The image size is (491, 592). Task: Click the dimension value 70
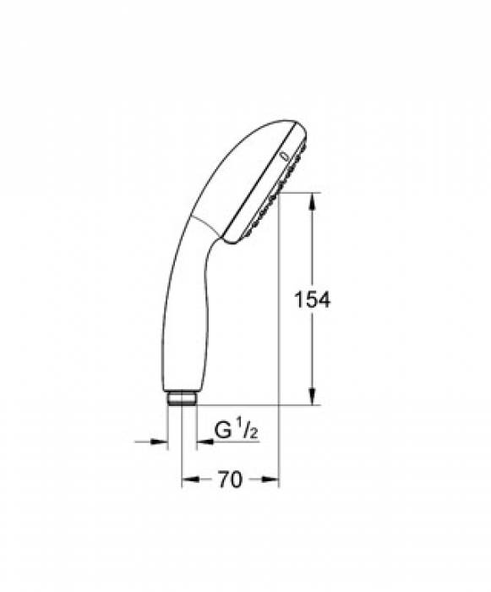(x=230, y=480)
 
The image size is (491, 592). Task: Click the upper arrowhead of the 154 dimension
(x=314, y=200)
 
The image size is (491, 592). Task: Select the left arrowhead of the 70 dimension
(x=188, y=479)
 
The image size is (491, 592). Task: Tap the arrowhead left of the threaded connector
(x=160, y=441)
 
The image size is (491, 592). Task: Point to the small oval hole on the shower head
(x=281, y=156)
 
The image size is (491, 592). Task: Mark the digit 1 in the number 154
(x=297, y=299)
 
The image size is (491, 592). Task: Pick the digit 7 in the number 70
(x=223, y=480)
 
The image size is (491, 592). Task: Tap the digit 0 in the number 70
(x=237, y=480)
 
